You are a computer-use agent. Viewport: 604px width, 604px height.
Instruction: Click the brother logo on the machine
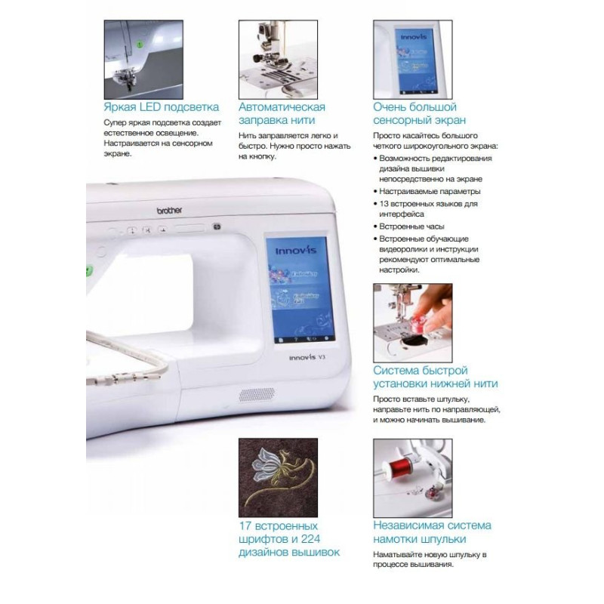(169, 211)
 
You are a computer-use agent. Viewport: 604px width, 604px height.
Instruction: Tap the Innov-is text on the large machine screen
(296, 251)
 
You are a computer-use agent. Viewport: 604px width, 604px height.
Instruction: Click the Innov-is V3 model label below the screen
(307, 357)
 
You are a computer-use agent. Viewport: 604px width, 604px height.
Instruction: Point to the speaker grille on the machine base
(257, 395)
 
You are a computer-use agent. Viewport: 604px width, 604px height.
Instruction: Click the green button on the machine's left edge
(89, 271)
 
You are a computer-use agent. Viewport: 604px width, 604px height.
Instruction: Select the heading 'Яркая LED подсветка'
(162, 106)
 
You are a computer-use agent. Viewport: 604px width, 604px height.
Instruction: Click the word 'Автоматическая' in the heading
(282, 106)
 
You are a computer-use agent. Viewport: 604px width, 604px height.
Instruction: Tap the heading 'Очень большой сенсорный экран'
(420, 114)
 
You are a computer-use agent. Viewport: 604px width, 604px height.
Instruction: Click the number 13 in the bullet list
(384, 204)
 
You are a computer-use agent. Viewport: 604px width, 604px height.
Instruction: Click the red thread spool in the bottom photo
(399, 467)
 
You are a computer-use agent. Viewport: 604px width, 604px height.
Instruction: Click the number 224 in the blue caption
(310, 539)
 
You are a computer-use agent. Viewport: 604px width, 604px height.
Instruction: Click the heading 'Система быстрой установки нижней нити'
(436, 377)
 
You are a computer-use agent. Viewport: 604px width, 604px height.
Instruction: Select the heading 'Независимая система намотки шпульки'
(432, 532)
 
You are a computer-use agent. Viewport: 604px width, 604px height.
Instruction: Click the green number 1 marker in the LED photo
(140, 45)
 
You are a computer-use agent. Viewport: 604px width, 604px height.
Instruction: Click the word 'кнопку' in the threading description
(262, 157)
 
